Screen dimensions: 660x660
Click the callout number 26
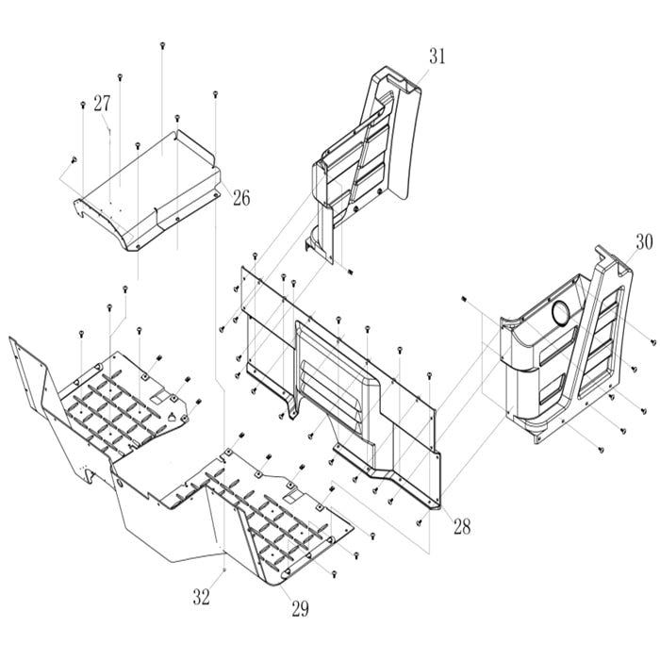(241, 197)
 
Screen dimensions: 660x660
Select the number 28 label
(461, 525)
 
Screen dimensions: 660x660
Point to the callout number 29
(300, 608)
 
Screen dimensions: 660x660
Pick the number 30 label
(644, 241)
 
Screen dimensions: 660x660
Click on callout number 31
(436, 57)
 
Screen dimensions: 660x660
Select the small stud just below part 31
(350, 272)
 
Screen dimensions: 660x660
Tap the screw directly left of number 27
(82, 104)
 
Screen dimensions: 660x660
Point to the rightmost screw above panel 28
(429, 375)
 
